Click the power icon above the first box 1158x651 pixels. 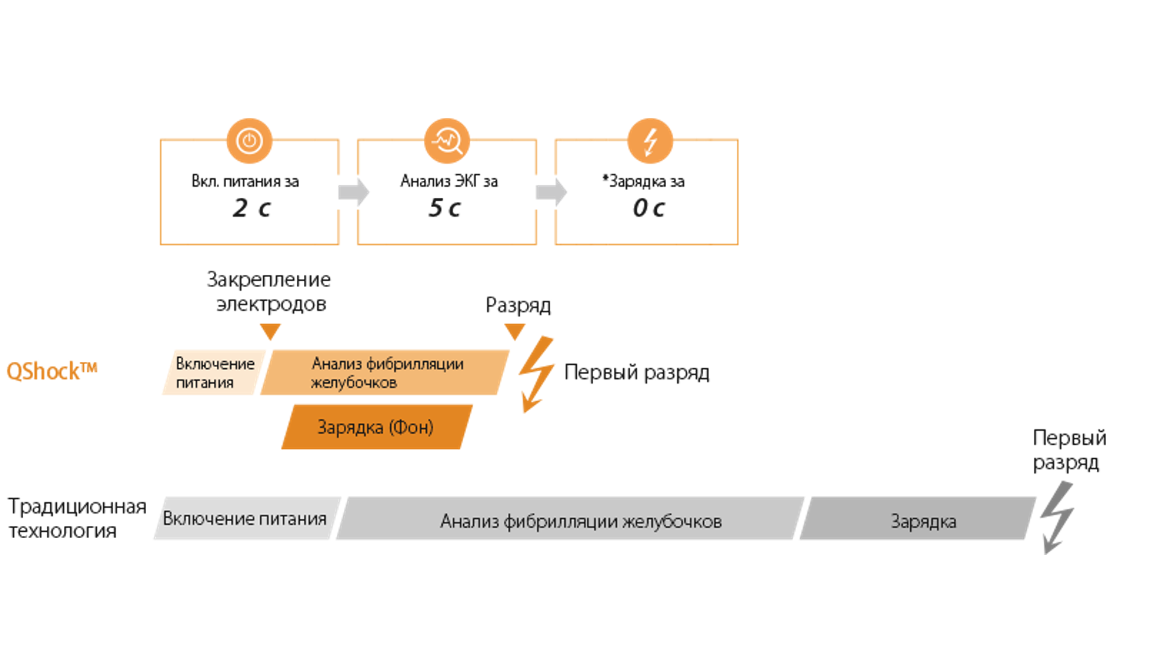pyautogui.click(x=249, y=141)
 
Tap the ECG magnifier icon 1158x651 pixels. pyautogui.click(x=447, y=141)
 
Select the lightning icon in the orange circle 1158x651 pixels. pyautogui.click(x=650, y=141)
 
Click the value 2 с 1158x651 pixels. pyautogui.click(x=251, y=208)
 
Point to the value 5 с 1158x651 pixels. pyautogui.click(x=445, y=208)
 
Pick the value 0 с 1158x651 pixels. pyautogui.click(x=648, y=208)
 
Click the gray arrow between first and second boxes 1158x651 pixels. pyautogui.click(x=354, y=192)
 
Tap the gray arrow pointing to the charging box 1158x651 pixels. pyautogui.click(x=552, y=192)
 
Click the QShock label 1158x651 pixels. pyautogui.click(x=51, y=371)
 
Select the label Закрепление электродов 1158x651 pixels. pyautogui.click(x=269, y=291)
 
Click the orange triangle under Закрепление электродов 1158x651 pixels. pyautogui.click(x=270, y=331)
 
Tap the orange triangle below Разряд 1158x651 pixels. pyautogui.click(x=514, y=331)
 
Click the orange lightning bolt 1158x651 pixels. pyautogui.click(x=536, y=374)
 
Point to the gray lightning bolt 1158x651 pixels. pyautogui.click(x=1057, y=518)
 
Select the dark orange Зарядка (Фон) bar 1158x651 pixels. pyautogui.click(x=376, y=427)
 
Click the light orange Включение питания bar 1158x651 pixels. pyautogui.click(x=213, y=373)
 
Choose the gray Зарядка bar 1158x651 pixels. pyautogui.click(x=919, y=520)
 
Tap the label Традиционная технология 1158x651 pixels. pyautogui.click(x=76, y=518)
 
